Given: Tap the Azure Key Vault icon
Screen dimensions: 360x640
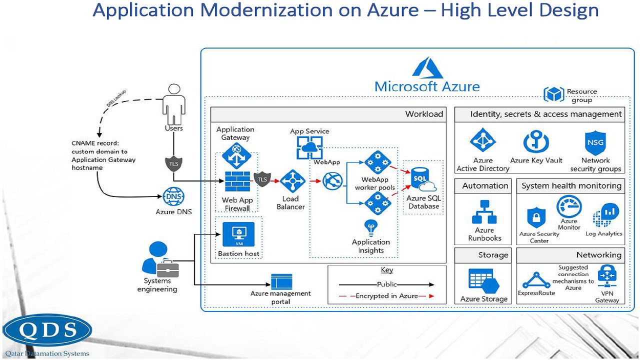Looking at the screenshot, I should click(536, 142).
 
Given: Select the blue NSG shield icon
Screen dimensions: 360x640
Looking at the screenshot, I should click(595, 143).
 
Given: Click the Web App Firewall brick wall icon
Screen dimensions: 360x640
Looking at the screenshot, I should click(237, 182).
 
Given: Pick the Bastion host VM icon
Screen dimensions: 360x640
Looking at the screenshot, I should click(238, 234).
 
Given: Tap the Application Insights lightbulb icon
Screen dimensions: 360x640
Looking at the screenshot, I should click(370, 228).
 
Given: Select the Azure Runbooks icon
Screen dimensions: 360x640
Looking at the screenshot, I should click(484, 212).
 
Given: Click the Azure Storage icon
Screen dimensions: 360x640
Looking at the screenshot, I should click(483, 281).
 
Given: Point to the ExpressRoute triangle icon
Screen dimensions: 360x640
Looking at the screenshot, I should click(536, 280).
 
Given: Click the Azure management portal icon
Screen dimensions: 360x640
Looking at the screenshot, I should click(281, 281).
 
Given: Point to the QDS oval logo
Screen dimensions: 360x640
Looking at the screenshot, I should click(47, 330).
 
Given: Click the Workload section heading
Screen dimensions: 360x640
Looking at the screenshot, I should click(424, 114).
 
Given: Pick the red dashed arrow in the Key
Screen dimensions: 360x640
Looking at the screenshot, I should click(386, 296).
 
